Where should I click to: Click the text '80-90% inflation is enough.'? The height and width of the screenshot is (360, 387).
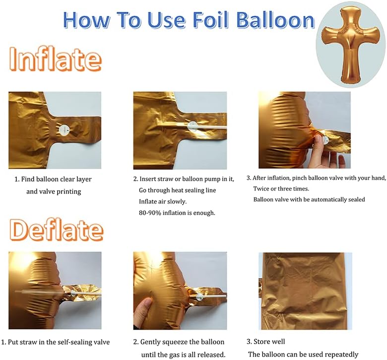pos(177,213)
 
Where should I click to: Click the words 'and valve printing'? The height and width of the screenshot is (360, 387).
pos(53,191)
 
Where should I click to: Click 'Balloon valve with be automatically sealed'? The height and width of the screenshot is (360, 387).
pos(309,200)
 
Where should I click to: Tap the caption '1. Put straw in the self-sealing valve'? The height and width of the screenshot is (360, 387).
pos(55,342)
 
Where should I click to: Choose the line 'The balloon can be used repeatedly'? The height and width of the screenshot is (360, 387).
pos(303,354)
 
